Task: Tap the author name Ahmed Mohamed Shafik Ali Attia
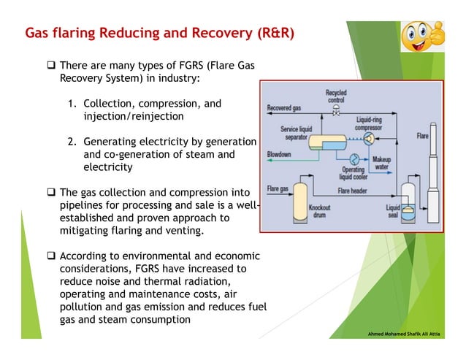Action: [413, 334]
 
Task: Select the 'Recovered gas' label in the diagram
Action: [283, 107]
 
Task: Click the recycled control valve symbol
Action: [335, 111]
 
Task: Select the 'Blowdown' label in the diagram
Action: [279, 155]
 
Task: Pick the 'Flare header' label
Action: [353, 191]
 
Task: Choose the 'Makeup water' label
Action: [381, 163]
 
